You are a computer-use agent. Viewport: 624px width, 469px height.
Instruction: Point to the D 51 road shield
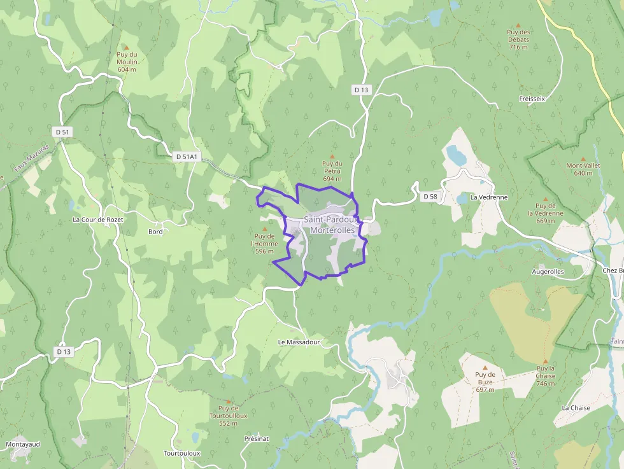pos(62,132)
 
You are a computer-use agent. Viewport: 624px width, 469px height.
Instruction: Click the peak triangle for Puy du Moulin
pos(126,47)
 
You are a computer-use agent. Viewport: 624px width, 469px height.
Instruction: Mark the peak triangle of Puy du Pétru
pos(332,157)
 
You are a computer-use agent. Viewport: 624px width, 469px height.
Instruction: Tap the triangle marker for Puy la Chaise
pos(545,361)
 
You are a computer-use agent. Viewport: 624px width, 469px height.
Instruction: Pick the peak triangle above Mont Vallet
pos(583,158)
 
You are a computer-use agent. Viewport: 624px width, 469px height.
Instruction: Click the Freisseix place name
pos(532,99)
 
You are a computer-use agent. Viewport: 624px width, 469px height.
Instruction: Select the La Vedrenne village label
pos(489,197)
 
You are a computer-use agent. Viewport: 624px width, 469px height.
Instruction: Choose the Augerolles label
pos(548,271)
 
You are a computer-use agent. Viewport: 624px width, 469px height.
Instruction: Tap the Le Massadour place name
pos(298,342)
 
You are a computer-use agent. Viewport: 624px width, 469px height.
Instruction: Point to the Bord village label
pos(155,232)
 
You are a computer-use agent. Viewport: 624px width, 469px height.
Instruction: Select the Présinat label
pos(257,438)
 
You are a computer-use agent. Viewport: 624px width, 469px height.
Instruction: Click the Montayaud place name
pos(23,444)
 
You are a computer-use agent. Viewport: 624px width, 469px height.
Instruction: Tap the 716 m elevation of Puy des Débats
pos(519,47)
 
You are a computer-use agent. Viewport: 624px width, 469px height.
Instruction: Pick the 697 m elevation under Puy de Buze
pos(485,389)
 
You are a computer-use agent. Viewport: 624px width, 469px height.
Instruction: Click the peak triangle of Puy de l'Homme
pos(265,228)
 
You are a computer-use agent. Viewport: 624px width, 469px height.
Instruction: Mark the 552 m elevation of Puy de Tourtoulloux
pos(228,423)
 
